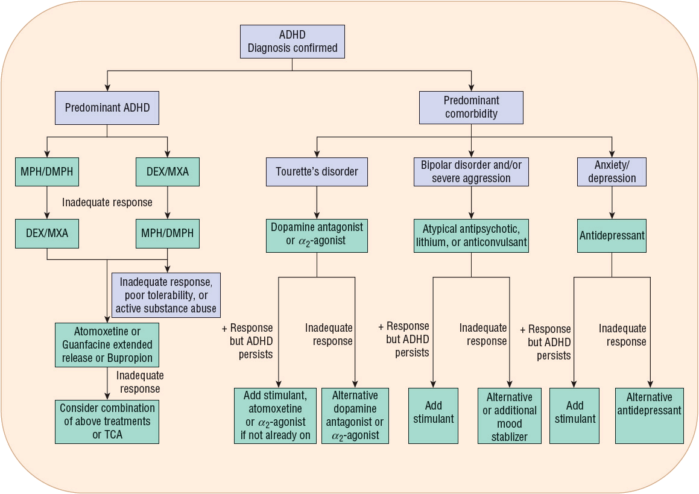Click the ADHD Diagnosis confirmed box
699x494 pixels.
point(293,42)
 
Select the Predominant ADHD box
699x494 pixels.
point(107,108)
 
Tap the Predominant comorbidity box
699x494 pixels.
point(471,107)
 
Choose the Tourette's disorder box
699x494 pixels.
point(317,171)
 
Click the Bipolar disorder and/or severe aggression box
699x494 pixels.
point(471,171)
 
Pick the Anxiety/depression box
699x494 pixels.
point(612,171)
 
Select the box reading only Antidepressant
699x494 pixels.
point(612,235)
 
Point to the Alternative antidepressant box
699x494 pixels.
point(649,416)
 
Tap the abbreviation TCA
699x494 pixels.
point(107,435)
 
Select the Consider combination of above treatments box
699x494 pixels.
point(107,422)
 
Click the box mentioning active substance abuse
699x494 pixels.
point(166,296)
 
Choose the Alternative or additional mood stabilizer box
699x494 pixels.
point(510,416)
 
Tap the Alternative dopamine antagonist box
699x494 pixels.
point(355,416)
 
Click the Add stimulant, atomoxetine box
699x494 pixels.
point(276,416)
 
